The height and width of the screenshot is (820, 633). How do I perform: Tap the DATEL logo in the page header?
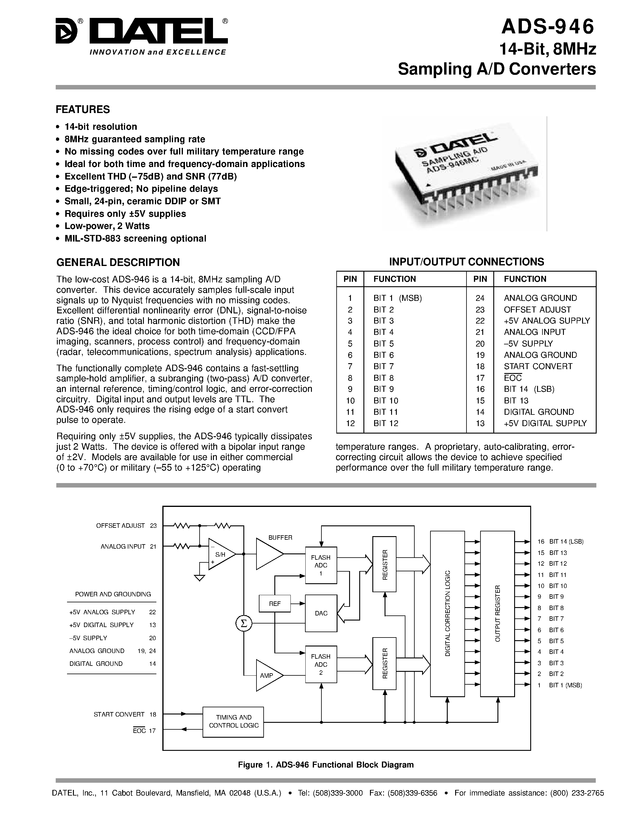click(x=141, y=37)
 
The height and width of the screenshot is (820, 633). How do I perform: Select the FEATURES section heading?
click(x=83, y=110)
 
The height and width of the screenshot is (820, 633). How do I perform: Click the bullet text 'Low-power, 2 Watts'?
click(x=107, y=226)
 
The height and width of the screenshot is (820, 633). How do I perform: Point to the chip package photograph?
click(x=465, y=173)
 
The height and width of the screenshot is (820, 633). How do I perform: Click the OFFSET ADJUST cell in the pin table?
click(x=537, y=310)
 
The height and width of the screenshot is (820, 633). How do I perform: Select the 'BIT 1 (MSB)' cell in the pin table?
click(x=397, y=298)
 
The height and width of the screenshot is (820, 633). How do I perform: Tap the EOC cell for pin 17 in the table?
click(x=513, y=378)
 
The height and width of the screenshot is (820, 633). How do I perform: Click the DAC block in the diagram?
click(x=321, y=613)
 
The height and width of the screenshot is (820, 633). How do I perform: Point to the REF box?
click(x=275, y=604)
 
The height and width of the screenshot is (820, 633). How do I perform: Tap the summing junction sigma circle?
click(x=244, y=624)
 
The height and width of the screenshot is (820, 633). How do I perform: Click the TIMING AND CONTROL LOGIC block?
click(x=233, y=721)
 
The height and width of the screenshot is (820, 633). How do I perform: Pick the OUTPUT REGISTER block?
click(x=497, y=613)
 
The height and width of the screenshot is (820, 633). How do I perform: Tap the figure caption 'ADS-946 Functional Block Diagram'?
click(x=326, y=765)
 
